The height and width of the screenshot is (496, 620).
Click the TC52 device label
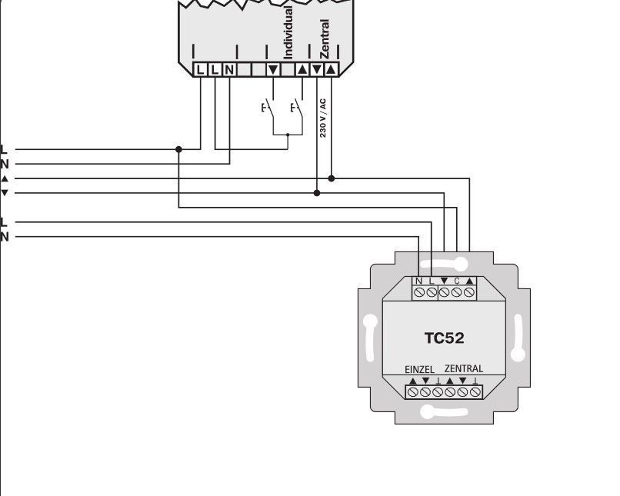[x=444, y=338]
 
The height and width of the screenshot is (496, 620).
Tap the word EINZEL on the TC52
[x=419, y=370]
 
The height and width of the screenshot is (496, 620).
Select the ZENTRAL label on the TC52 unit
[x=464, y=369]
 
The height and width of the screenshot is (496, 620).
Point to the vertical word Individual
[x=288, y=33]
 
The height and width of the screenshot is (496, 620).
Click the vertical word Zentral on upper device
[x=325, y=39]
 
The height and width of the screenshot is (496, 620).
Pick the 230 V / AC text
[x=322, y=118]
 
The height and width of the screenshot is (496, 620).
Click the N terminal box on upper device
[x=229, y=70]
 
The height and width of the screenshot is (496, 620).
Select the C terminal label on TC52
[x=457, y=281]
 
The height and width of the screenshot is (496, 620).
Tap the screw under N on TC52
[x=419, y=292]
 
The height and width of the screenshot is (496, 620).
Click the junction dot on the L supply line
[x=178, y=149]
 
